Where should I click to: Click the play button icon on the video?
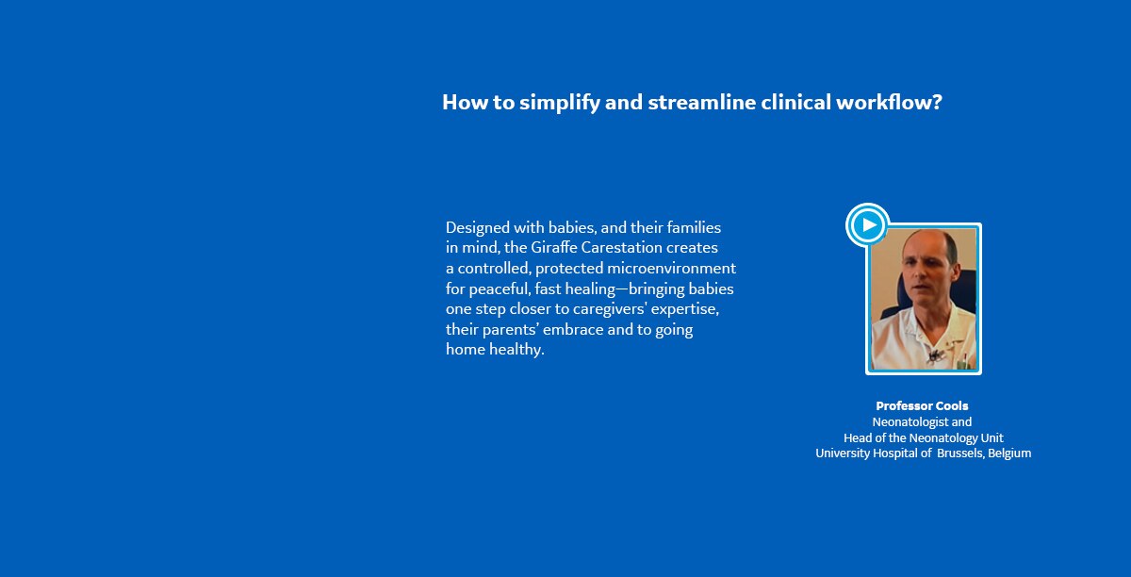pyautogui.click(x=868, y=224)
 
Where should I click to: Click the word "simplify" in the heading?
pyautogui.click(x=560, y=103)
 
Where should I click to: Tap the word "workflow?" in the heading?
pyautogui.click(x=889, y=102)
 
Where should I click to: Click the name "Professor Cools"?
pyautogui.click(x=922, y=405)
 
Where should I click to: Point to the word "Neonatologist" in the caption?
pyautogui.click(x=903, y=422)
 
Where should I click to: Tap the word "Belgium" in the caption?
pyautogui.click(x=1009, y=453)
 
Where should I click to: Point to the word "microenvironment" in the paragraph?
pyautogui.click(x=671, y=269)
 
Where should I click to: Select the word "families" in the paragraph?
pyautogui.click(x=694, y=227)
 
